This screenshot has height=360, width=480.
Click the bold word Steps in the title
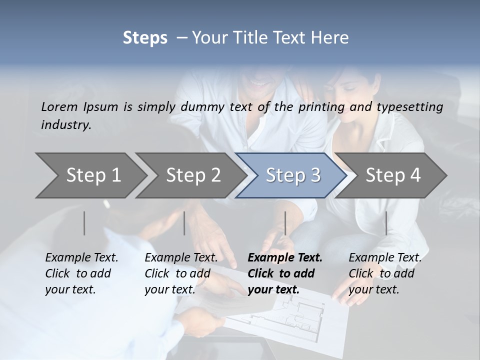145,38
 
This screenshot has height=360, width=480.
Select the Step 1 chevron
90,175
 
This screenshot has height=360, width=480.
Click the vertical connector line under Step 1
84,223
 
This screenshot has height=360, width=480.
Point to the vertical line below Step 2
184,223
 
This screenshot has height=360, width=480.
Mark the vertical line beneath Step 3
285,223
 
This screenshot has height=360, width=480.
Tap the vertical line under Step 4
386,223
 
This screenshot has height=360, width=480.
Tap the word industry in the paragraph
66,125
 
